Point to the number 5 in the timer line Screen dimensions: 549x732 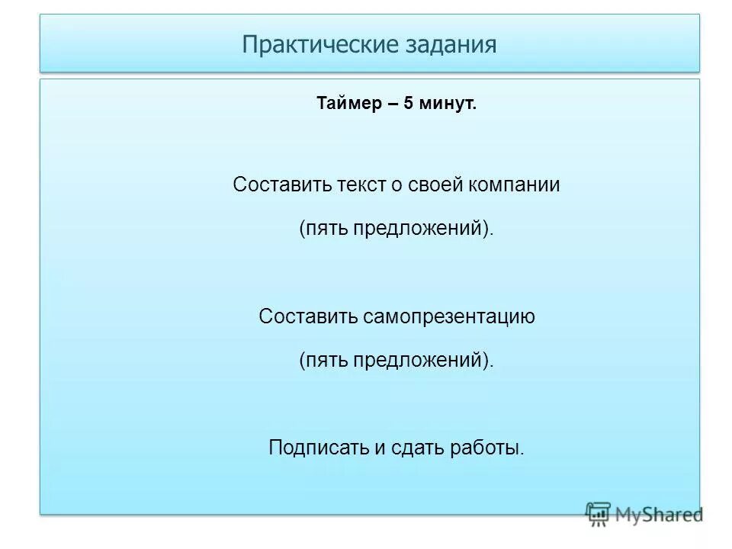[409, 103]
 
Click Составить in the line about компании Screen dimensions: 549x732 [281, 185]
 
